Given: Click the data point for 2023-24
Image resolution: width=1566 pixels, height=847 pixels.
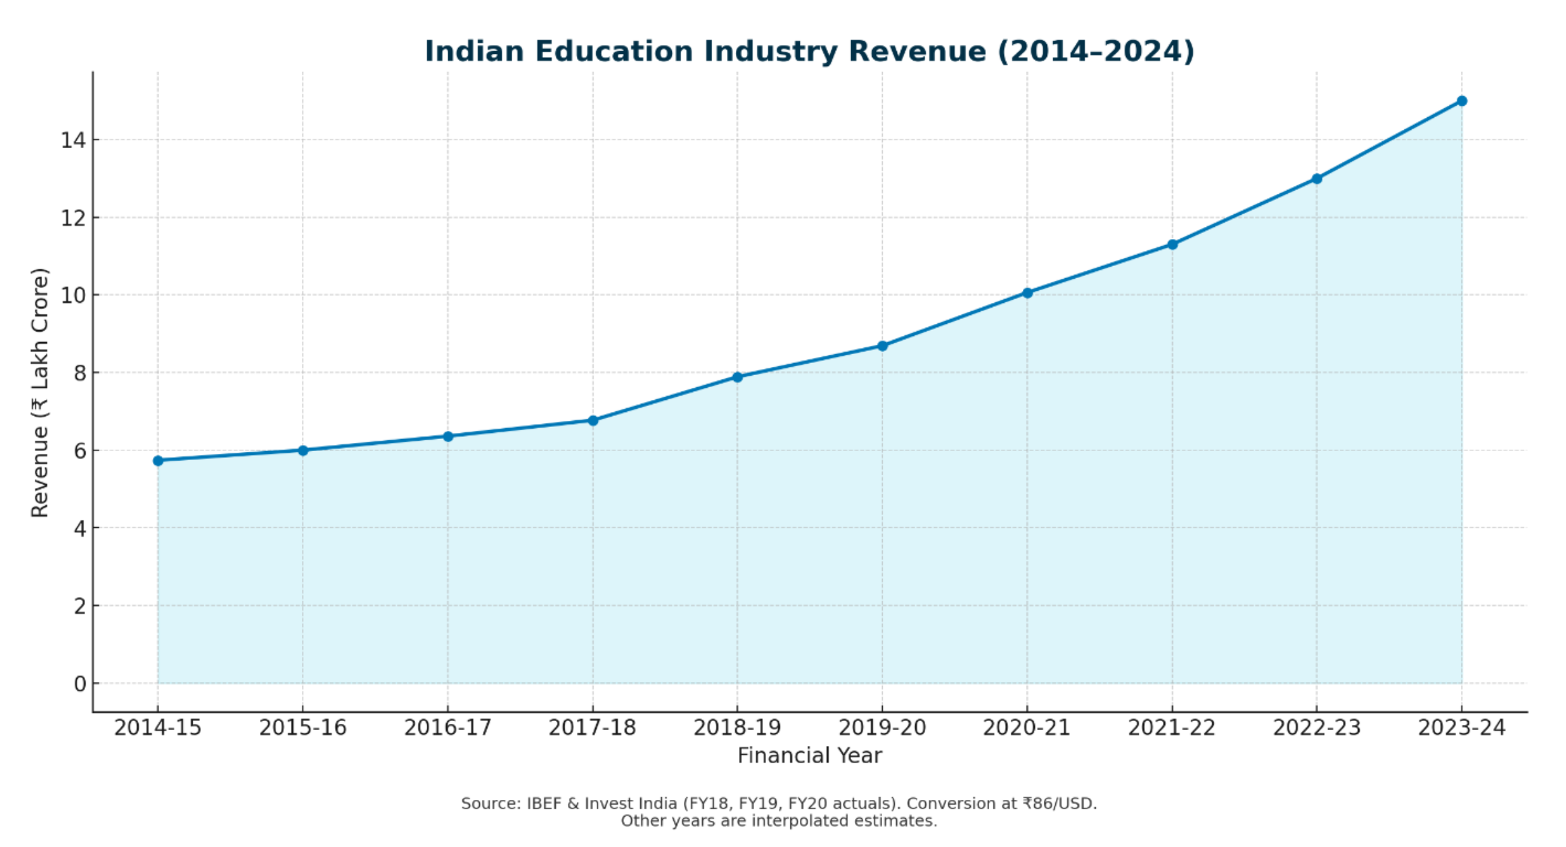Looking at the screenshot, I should [1462, 101].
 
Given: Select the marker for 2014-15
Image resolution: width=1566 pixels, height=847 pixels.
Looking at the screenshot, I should [158, 461].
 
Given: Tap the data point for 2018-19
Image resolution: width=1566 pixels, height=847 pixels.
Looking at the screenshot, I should [737, 377].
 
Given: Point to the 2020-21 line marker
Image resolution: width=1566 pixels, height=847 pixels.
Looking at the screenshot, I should [1027, 293].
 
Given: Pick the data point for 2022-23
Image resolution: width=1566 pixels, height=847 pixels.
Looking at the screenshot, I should [1317, 179].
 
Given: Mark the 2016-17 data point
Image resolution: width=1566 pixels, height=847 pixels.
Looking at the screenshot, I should [448, 436].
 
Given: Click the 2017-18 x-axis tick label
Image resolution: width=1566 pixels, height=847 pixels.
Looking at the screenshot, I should [592, 728].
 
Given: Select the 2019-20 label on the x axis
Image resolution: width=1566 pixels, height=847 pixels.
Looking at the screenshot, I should [882, 728].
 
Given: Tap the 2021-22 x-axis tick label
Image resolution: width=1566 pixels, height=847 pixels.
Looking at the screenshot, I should [1172, 728].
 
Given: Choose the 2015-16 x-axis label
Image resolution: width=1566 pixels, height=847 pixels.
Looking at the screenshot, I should [303, 728].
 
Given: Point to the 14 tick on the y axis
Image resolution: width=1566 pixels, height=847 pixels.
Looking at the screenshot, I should [73, 140].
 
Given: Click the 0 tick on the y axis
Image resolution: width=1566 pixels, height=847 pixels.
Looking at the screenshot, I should [80, 684].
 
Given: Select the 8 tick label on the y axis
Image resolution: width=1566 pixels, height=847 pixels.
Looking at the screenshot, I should [80, 373].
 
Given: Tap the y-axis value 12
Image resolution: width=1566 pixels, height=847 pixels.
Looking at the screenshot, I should [73, 218].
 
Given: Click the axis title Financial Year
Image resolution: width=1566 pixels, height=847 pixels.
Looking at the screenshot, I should [809, 756].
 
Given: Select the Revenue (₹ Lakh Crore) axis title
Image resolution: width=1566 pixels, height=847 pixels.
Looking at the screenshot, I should [40, 393].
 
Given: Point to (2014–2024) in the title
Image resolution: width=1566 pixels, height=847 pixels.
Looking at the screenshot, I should [1096, 52].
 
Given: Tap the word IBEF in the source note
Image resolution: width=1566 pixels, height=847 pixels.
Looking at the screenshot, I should [544, 804].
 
